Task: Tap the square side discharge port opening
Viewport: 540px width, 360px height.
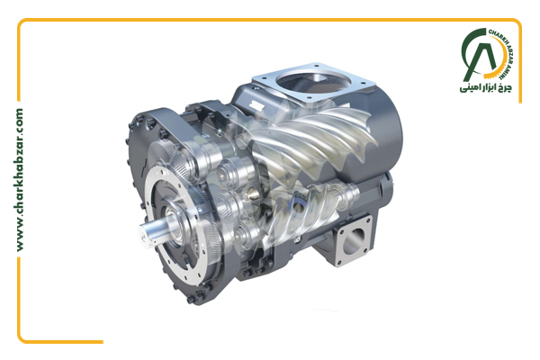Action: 354,239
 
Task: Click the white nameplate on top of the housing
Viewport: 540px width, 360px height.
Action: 256,104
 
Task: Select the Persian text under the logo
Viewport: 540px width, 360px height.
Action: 486,87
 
